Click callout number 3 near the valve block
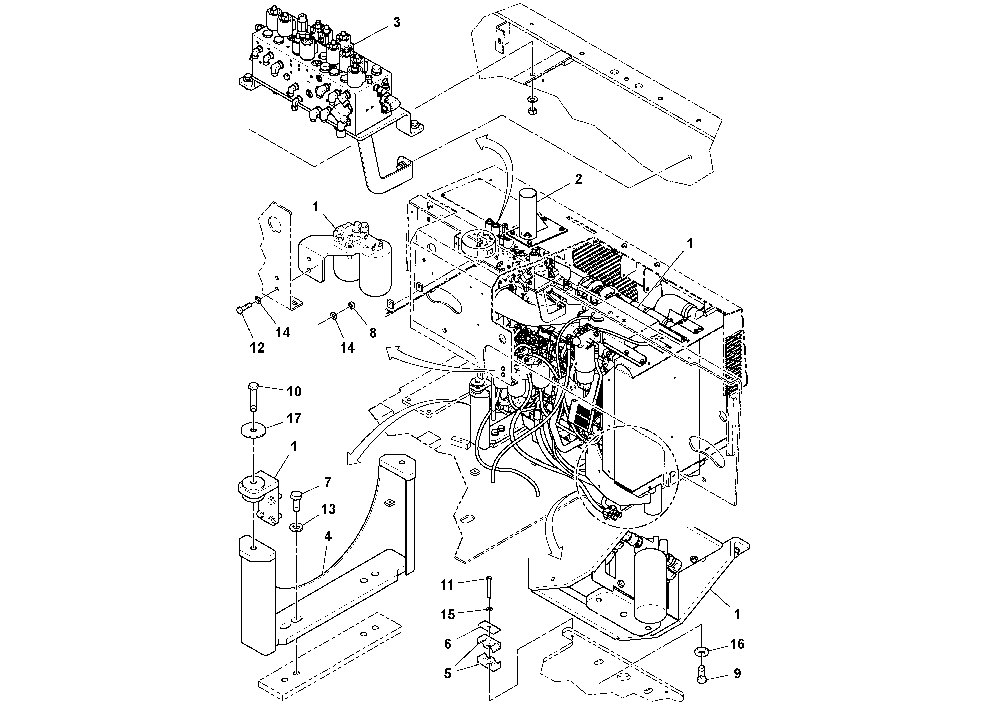pos(396,22)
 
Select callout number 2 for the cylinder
pos(578,179)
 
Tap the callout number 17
pos(294,419)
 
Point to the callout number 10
pos(294,391)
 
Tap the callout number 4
pos(328,536)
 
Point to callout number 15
pos(448,615)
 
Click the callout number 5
pos(448,673)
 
